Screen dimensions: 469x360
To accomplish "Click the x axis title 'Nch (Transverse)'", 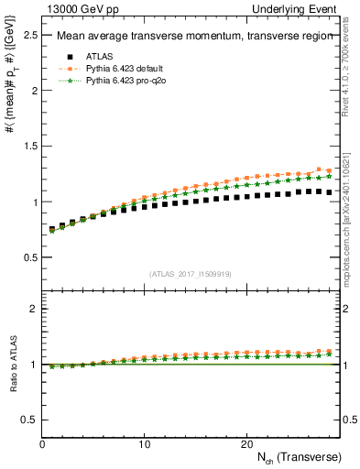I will (299, 456).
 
